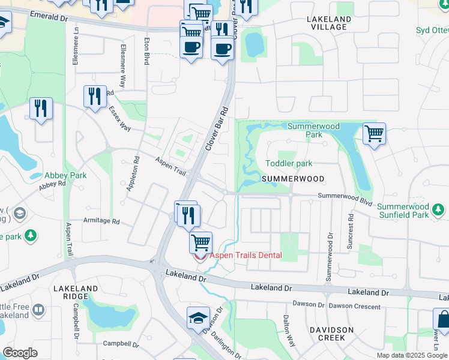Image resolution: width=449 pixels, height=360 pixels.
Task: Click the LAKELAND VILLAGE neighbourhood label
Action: coord(327,23)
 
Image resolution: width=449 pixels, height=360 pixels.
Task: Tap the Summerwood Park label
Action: coord(313,130)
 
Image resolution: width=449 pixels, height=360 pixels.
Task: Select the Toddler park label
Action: coord(289,163)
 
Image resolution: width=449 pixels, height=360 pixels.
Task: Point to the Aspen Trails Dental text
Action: coord(245,255)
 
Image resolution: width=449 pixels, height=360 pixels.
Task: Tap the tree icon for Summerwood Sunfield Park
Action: coord(439,209)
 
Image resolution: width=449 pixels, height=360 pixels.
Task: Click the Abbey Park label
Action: coord(65,176)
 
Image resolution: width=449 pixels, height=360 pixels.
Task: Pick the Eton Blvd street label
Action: coord(146,51)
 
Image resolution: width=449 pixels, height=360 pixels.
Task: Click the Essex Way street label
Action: coord(120,119)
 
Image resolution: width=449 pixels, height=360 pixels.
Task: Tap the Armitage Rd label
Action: coord(102,220)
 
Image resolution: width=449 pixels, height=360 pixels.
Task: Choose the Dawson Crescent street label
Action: coord(354,306)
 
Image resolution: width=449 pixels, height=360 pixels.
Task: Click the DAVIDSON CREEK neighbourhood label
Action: coord(327,334)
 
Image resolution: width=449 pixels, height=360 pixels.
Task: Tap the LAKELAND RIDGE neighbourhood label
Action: coord(76,292)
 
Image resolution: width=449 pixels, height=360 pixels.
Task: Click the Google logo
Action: coord(20,353)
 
